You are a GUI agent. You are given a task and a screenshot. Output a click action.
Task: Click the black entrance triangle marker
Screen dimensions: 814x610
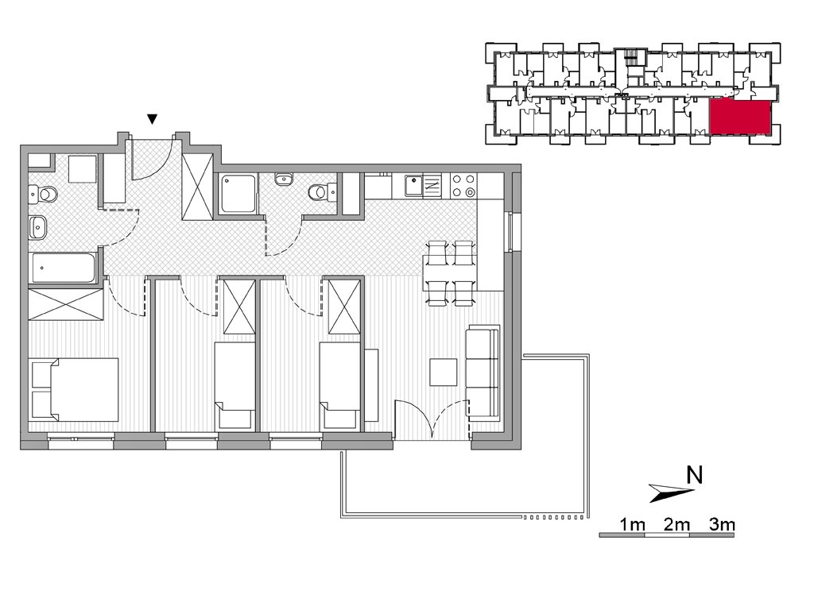click(x=152, y=119)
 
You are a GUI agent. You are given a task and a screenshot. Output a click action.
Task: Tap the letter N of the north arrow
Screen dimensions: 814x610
click(x=694, y=475)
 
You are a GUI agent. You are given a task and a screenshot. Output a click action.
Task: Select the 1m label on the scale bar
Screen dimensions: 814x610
click(x=632, y=524)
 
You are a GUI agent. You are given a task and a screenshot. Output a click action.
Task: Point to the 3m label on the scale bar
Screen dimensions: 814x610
click(x=722, y=524)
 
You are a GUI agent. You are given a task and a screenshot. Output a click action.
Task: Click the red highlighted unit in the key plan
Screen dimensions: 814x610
click(x=739, y=118)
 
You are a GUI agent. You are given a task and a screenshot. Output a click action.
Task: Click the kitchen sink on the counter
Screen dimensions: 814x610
click(x=413, y=185)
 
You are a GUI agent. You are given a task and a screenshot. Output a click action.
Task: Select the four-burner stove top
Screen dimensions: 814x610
click(x=463, y=185)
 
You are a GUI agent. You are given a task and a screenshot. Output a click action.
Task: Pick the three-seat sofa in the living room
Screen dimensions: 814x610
click(x=483, y=370)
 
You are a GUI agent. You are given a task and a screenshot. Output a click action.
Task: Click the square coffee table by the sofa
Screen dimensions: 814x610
click(x=444, y=372)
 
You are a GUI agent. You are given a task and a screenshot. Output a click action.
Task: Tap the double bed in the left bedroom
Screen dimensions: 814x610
click(x=75, y=389)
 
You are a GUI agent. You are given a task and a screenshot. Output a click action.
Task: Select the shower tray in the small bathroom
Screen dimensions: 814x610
click(x=238, y=194)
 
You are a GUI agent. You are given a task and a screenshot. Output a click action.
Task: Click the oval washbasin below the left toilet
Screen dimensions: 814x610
click(x=37, y=228)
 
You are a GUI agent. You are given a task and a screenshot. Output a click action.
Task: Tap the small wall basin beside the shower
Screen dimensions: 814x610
click(x=284, y=180)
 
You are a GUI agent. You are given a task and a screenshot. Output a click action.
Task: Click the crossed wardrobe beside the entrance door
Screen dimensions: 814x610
click(x=197, y=187)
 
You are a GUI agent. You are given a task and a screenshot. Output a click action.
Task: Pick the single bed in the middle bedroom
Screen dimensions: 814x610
click(x=235, y=386)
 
